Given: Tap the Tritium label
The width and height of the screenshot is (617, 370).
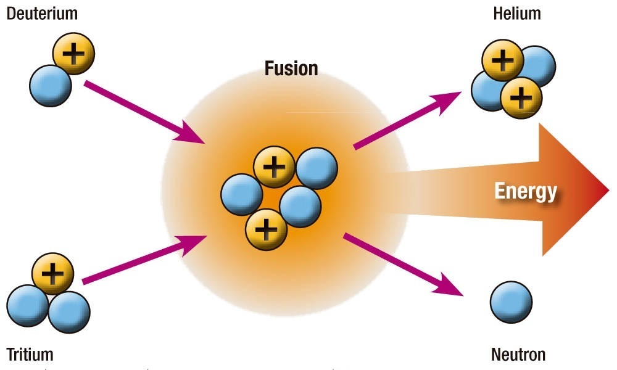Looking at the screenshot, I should click(x=30, y=355).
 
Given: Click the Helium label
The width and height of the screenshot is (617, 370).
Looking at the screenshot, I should click(x=518, y=12).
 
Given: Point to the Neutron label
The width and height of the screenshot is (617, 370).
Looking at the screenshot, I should click(x=518, y=355).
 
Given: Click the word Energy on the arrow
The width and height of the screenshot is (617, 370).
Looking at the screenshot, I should click(x=526, y=191).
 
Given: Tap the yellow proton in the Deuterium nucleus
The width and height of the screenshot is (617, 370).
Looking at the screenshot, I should click(x=73, y=54).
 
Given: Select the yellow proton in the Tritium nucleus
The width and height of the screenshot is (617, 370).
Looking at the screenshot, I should click(x=52, y=273).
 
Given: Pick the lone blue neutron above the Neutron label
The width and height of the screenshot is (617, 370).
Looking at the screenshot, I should click(x=511, y=302).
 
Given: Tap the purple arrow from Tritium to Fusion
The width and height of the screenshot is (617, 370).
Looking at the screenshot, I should click(x=143, y=259).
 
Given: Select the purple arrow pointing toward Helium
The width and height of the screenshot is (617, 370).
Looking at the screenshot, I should click(x=407, y=120).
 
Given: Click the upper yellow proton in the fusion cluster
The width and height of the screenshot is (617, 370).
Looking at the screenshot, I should click(x=275, y=167).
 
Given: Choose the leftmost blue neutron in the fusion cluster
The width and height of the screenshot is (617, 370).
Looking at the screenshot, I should click(x=242, y=194).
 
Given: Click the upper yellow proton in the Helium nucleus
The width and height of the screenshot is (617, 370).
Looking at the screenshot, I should click(x=503, y=60).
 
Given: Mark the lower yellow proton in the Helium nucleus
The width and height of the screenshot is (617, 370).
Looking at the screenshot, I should click(x=521, y=97).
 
